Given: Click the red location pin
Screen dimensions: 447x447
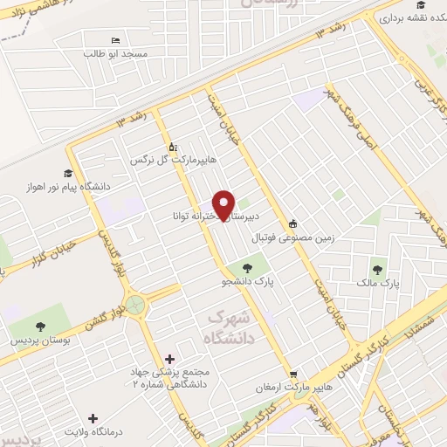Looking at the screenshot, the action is [224, 205].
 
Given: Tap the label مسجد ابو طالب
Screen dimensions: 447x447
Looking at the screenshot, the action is [116, 54].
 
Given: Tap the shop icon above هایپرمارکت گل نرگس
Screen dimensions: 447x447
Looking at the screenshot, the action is [172, 147].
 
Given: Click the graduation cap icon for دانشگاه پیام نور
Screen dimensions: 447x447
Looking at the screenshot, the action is [68, 173].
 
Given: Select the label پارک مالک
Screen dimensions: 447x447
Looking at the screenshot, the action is [378, 284].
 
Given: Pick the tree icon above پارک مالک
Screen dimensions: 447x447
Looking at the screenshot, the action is [377, 270].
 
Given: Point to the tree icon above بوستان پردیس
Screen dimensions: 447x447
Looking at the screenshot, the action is [37, 326].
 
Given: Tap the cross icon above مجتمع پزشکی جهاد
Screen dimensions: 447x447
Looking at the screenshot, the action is [168, 359].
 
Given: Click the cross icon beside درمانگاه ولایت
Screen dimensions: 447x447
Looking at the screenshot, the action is [93, 418].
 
